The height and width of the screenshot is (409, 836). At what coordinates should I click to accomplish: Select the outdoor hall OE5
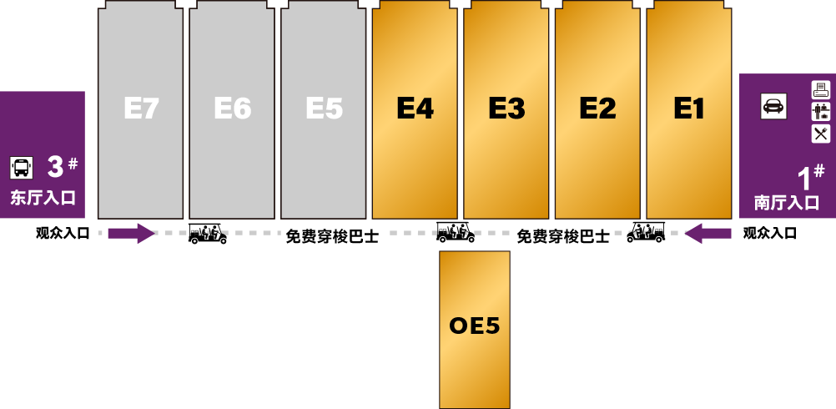(x=475, y=326)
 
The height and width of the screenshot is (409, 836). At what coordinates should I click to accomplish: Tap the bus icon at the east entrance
(x=22, y=168)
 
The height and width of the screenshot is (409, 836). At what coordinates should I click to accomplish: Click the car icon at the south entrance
(x=773, y=106)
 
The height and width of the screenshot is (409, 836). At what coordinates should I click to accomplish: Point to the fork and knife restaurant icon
(x=821, y=134)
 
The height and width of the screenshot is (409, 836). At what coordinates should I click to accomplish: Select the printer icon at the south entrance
(x=821, y=89)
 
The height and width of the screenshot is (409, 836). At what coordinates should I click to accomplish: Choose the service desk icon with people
(x=821, y=111)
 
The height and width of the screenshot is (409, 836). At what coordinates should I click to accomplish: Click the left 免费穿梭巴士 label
(x=332, y=236)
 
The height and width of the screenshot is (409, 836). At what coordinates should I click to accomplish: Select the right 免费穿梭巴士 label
(x=562, y=236)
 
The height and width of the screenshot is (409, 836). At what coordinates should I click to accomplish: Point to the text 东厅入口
(x=43, y=199)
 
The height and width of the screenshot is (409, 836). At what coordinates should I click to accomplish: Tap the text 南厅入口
(x=787, y=203)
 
